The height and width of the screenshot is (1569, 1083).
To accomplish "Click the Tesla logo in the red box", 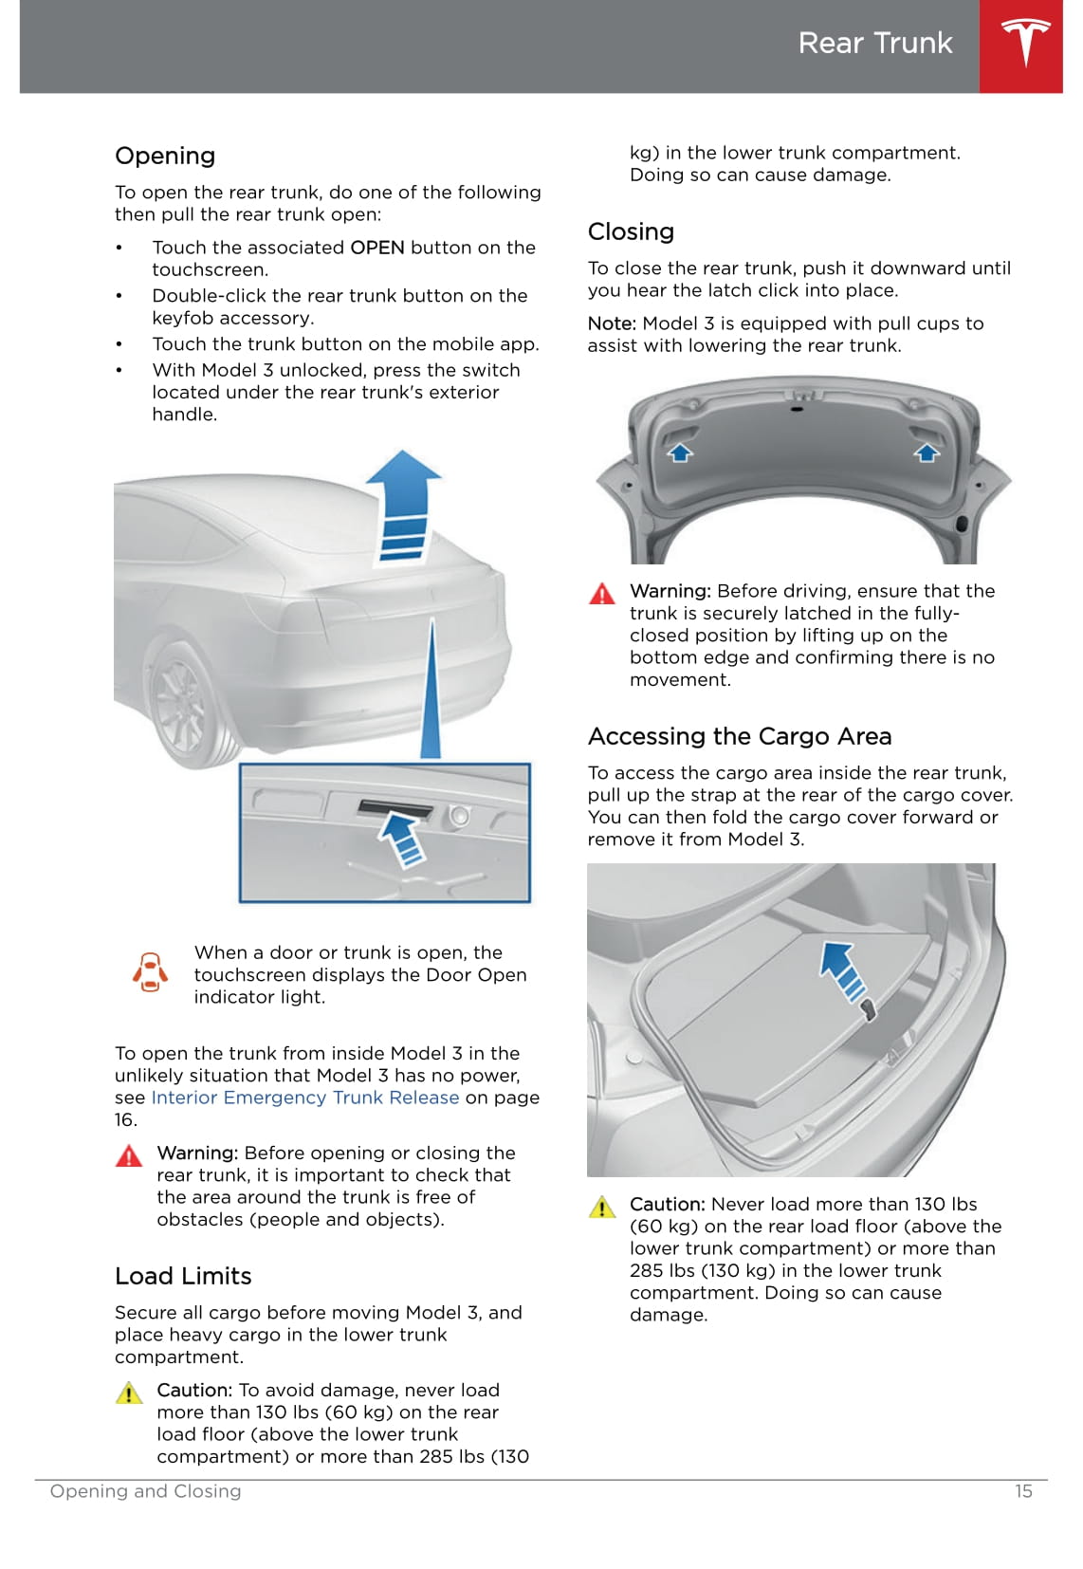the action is [x=1025, y=42].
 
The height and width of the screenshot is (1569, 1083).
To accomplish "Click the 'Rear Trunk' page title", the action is [x=875, y=44].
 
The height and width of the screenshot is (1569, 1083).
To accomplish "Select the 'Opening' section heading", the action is [x=164, y=156].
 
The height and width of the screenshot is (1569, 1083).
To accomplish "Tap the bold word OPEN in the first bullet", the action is [x=377, y=248].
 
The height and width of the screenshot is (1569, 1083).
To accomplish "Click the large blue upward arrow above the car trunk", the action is [x=403, y=505].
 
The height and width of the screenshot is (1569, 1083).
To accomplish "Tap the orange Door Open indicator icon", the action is [x=150, y=972].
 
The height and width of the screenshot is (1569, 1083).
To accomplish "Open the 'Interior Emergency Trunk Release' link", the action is [x=305, y=1097].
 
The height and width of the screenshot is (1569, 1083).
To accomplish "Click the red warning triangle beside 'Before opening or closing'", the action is [x=129, y=1155].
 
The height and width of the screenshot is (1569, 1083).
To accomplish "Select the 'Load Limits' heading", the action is [x=183, y=1276].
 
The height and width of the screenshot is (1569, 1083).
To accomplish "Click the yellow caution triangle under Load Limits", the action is [x=129, y=1393].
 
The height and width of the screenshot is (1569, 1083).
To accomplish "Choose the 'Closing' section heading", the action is [x=631, y=231].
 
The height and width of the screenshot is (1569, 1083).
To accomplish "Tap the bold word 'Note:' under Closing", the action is [x=612, y=323].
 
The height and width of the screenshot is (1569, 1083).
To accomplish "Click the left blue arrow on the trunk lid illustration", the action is [x=680, y=452].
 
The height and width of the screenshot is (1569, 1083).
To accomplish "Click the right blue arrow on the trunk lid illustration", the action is [x=927, y=452].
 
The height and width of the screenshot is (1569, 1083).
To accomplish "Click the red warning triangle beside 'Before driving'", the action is [x=602, y=594].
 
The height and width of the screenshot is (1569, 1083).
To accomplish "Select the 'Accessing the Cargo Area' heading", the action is [x=740, y=736].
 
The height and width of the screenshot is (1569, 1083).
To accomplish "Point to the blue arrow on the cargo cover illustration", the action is [x=843, y=970].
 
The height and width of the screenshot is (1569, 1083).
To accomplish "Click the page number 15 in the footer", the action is [x=1023, y=1491].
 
